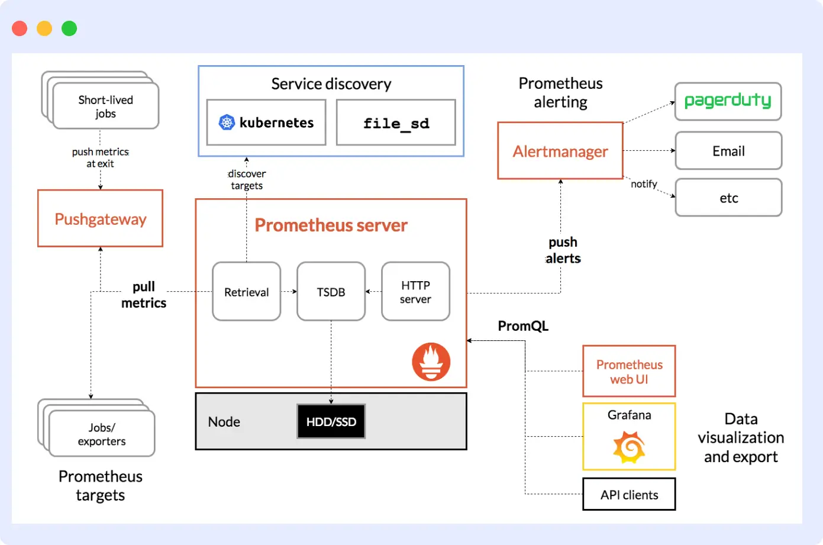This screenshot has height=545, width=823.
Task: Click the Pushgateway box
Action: [100, 218]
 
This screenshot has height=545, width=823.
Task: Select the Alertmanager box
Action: [560, 151]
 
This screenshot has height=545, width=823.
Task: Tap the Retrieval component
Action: [246, 292]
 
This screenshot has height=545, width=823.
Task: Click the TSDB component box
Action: [331, 292]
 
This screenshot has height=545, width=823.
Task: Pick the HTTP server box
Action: [415, 292]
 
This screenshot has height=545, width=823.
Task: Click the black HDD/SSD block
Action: [331, 421]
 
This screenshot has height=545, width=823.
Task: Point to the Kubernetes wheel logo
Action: [227, 122]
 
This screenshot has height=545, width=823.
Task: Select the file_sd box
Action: [396, 122]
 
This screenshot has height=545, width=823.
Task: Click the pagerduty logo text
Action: [728, 101]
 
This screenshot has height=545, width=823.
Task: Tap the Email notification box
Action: [728, 151]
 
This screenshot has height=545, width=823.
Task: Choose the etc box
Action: [728, 198]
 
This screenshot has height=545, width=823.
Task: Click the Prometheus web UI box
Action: [629, 372]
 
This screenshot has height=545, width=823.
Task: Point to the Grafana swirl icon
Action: [629, 447]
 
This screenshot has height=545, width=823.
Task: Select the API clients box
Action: [629, 494]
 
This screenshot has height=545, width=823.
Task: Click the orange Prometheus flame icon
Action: [431, 362]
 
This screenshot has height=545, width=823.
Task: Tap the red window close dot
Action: [20, 28]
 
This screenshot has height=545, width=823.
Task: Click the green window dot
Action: [69, 28]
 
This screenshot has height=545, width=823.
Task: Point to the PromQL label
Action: [523, 326]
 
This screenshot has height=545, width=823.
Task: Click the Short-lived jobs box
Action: [105, 106]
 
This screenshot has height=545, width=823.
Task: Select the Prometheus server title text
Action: [331, 225]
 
